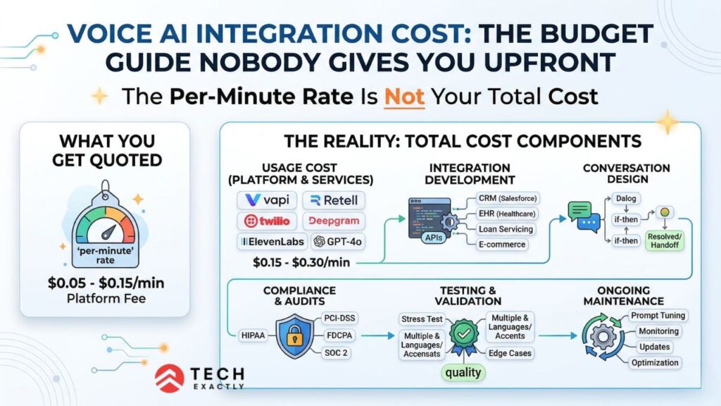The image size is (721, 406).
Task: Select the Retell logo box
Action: (334, 200)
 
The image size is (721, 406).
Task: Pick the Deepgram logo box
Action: (334, 221)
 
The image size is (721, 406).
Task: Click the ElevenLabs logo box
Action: (270, 241)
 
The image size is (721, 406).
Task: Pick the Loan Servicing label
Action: (505, 229)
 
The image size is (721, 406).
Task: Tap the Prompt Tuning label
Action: (658, 315)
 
